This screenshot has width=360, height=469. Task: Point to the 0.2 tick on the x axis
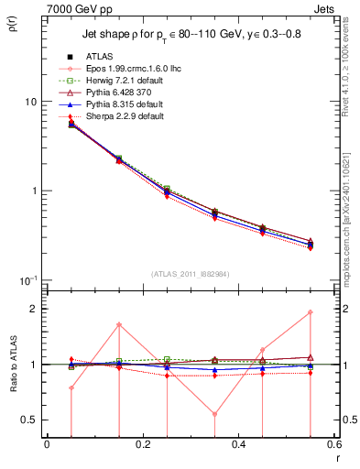142,446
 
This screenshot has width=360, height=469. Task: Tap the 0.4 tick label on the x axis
238,446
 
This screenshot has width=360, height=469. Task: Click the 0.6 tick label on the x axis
333,446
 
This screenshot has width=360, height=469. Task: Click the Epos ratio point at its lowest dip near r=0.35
214,414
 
